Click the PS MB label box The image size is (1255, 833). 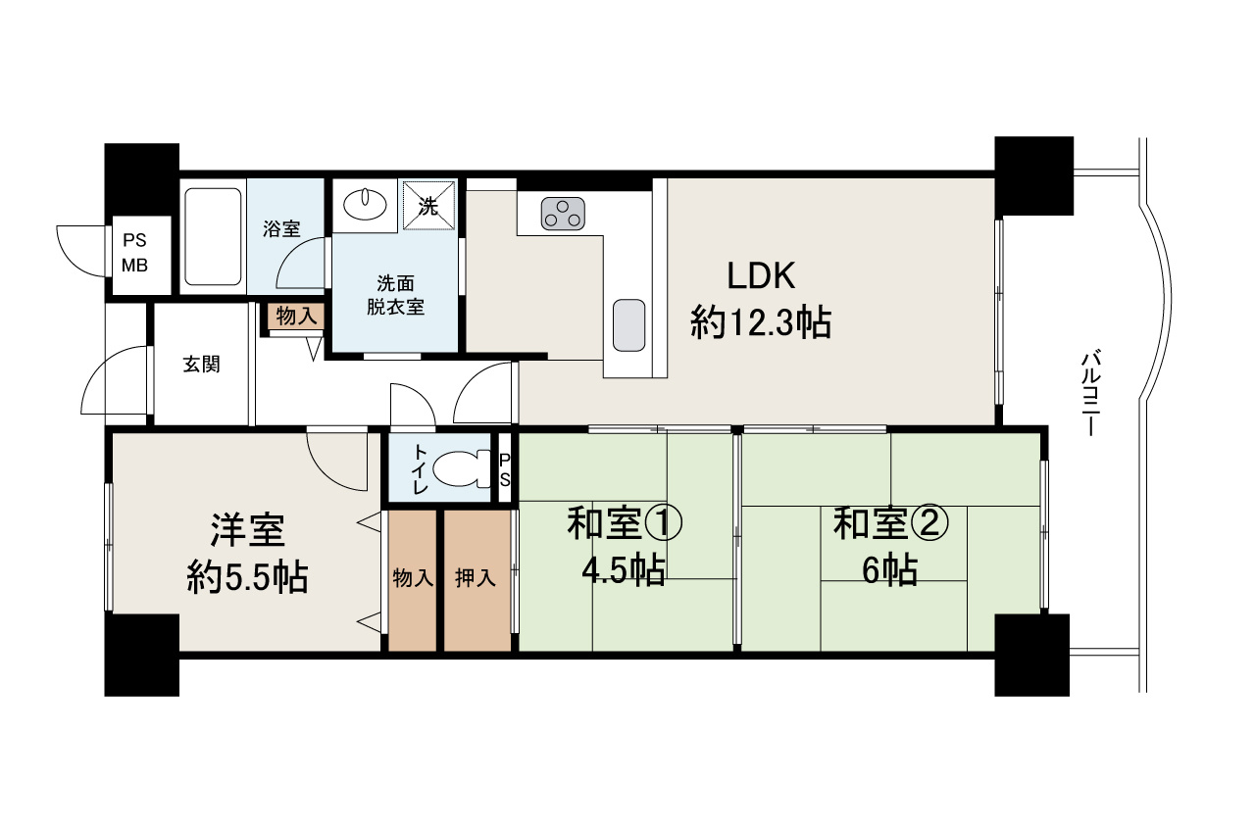(x=134, y=252)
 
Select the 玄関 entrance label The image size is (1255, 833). (x=201, y=365)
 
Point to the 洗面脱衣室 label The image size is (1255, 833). (x=395, y=294)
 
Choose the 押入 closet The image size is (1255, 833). (x=477, y=579)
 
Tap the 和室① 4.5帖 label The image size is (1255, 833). (x=624, y=546)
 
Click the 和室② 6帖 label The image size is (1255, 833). (x=890, y=546)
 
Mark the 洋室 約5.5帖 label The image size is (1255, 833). (x=247, y=554)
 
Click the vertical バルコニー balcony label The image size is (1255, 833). (x=1092, y=393)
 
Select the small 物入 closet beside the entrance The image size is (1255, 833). (x=294, y=317)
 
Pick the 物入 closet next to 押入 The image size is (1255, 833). (x=412, y=579)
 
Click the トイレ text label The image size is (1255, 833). (x=420, y=467)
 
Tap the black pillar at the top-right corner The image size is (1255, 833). (x=1033, y=173)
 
